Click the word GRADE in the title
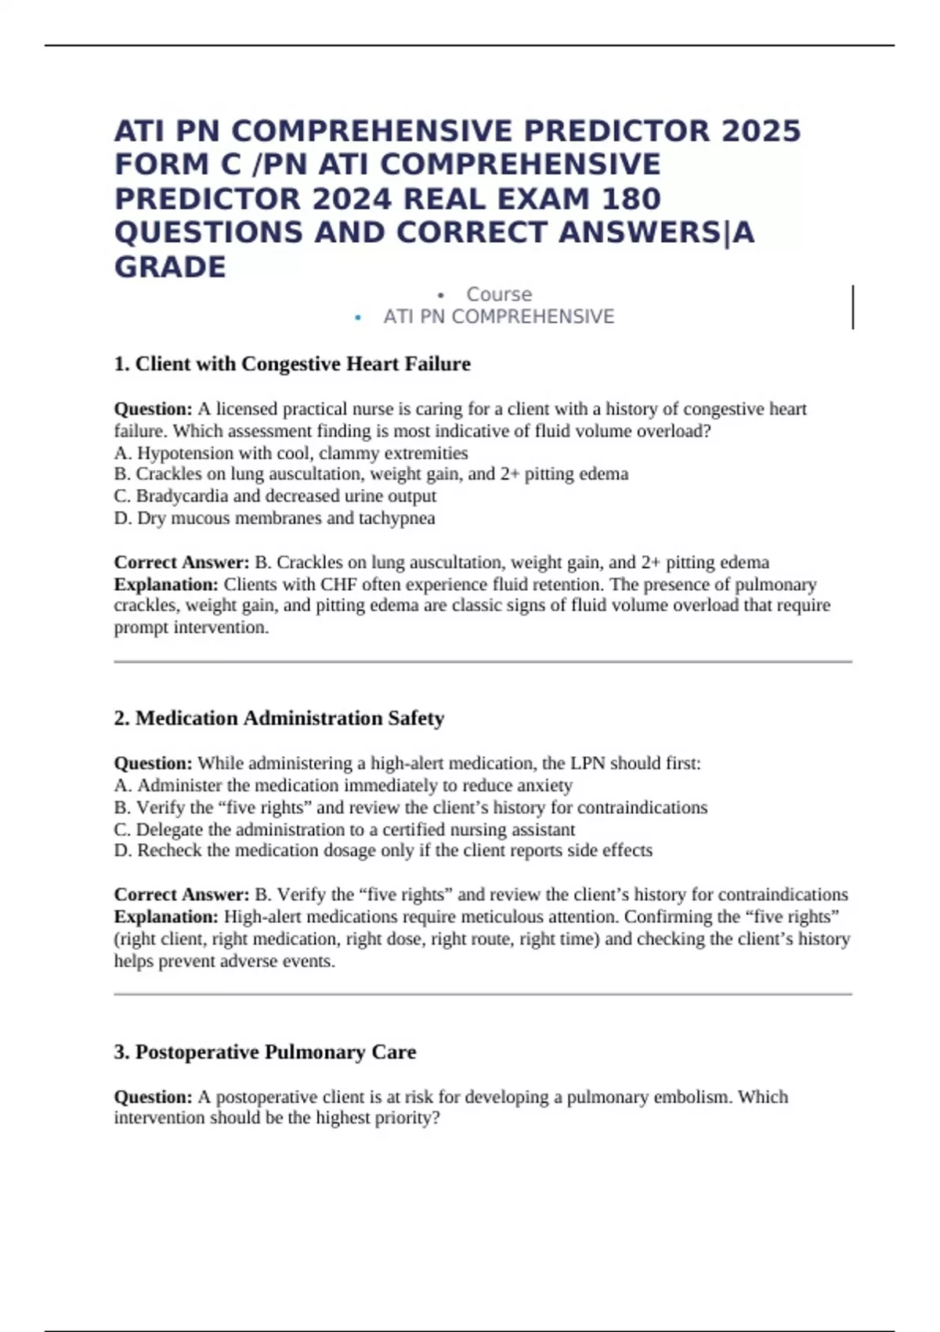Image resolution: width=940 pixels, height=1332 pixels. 170,267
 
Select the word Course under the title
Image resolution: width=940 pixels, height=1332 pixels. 499,295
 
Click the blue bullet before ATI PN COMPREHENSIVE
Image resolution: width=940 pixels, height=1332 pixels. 358,317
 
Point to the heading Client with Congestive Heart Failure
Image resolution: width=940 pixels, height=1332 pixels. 302,364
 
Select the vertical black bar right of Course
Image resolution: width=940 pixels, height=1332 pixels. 852,307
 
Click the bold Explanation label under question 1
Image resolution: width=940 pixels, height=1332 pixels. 166,585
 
